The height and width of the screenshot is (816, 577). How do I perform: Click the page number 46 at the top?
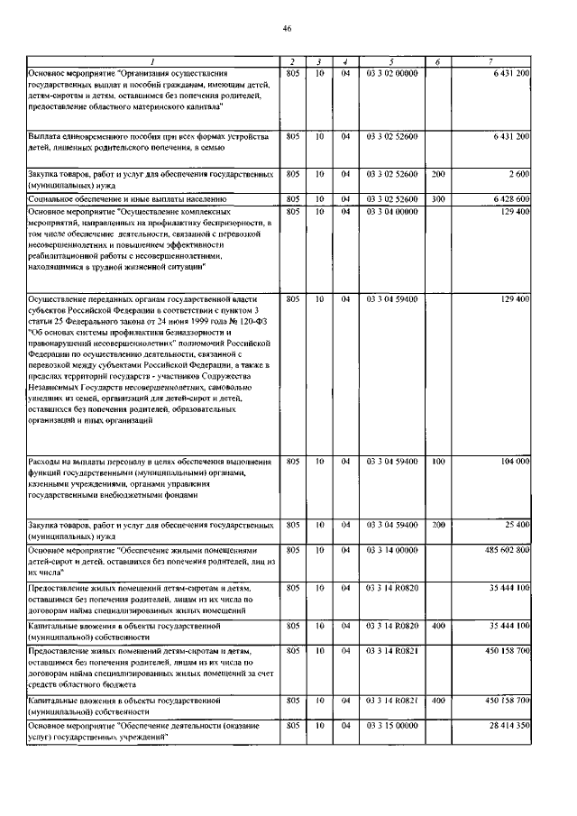click(x=288, y=28)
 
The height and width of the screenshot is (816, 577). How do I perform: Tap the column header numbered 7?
click(x=490, y=61)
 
